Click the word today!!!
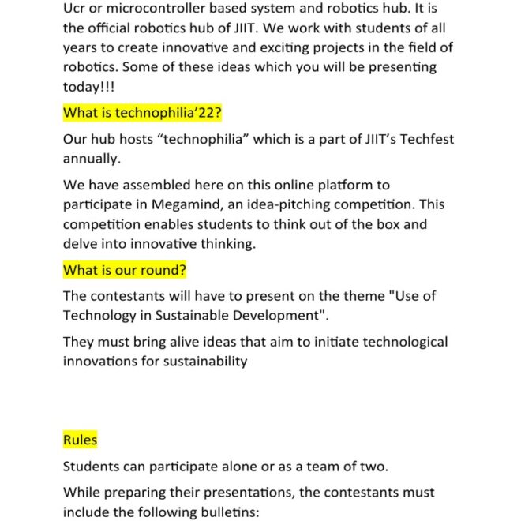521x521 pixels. (x=88, y=87)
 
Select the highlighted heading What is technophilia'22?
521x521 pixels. (x=142, y=112)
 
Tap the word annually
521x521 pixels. (x=92, y=159)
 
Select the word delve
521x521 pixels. (x=81, y=244)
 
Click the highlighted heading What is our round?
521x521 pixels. (x=125, y=270)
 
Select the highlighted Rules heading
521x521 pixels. (x=80, y=440)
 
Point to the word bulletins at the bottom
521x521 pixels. (x=225, y=511)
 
